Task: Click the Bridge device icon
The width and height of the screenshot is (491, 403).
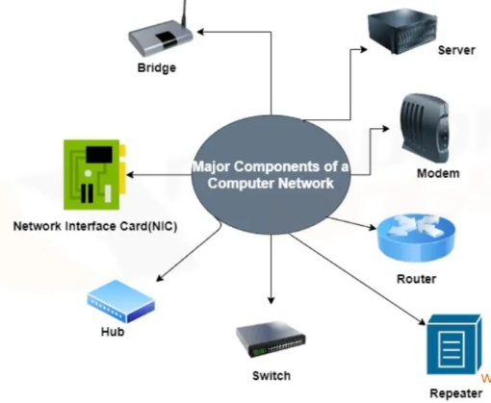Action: pyautogui.click(x=159, y=38)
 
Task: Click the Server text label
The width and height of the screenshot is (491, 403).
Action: pyautogui.click(x=455, y=50)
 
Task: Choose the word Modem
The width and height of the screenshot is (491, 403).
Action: pyautogui.click(x=438, y=174)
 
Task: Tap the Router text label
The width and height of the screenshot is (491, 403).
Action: pyautogui.click(x=416, y=280)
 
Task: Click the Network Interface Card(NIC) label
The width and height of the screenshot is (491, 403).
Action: pyautogui.click(x=96, y=227)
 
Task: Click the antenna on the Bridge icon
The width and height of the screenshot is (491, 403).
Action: pyautogui.click(x=182, y=13)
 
